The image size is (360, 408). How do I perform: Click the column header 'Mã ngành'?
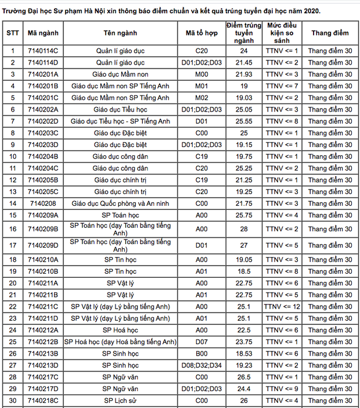[x=43, y=33]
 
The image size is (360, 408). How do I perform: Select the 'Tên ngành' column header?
[x=120, y=33]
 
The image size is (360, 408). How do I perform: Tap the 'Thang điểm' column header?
[x=330, y=33]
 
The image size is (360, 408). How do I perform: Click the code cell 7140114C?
[x=43, y=51]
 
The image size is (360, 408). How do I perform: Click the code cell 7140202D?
[x=43, y=121]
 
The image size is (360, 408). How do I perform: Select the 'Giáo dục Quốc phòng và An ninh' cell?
[x=120, y=203]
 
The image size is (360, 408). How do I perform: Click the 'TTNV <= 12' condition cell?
[x=282, y=306]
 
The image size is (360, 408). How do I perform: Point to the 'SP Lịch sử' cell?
[x=120, y=400]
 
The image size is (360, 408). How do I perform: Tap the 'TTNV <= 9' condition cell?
[x=282, y=388]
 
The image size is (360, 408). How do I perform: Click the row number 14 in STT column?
[x=12, y=203]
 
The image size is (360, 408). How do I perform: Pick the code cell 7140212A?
[x=43, y=330]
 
